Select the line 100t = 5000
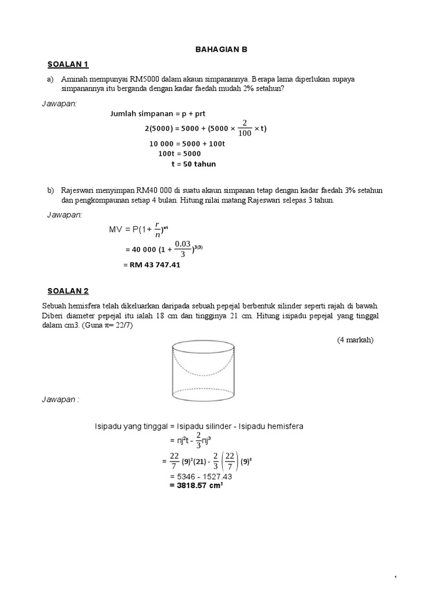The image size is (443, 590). tap(179, 153)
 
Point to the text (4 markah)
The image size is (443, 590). tap(355, 340)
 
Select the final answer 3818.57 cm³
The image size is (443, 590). tap(196, 486)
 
